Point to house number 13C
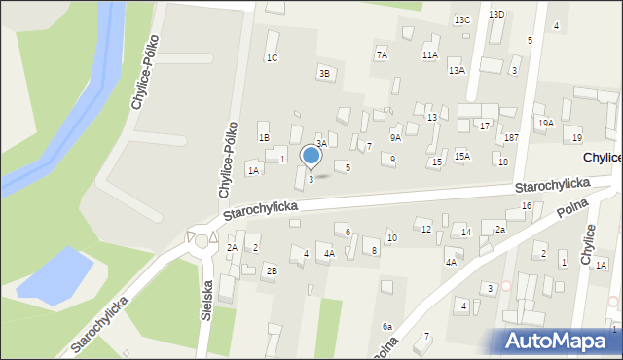coord(462,19)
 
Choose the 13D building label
coord(496,14)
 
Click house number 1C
coord(273,57)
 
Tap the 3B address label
coord(324,72)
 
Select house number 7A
coord(382,54)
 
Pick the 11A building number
coord(429,55)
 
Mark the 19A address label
coord(546,123)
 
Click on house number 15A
coord(462,156)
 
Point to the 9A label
coord(395,138)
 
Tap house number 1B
coord(264,137)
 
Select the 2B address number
coord(273,270)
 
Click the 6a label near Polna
coord(387,326)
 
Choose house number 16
coord(526,205)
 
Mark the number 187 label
coord(511,137)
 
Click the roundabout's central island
coord(202,240)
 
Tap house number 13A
coord(456,70)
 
